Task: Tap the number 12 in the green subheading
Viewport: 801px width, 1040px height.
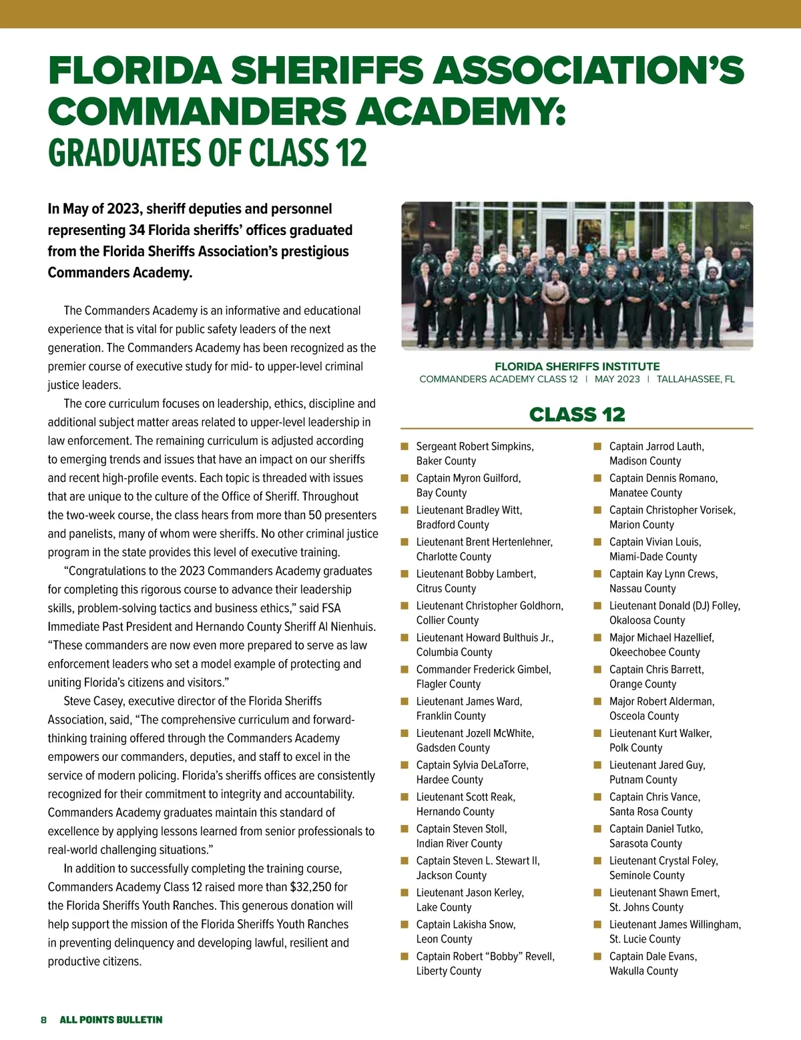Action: pos(351,153)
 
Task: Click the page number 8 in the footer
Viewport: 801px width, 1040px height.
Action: pos(43,1019)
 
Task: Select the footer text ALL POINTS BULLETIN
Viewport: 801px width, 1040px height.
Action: pos(111,1019)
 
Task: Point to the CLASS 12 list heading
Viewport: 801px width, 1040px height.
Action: pos(577,415)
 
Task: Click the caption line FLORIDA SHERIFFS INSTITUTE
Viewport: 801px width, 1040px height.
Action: pos(577,366)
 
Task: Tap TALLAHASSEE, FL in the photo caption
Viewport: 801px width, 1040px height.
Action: pos(696,379)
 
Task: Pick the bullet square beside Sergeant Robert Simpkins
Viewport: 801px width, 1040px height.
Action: pos(405,446)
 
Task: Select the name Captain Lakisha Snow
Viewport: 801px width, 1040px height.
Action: pos(466,925)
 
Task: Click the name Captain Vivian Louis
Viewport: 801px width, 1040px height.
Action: pos(655,542)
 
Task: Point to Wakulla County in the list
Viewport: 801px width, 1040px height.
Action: pos(643,971)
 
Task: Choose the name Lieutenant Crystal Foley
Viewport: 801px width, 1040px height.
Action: pos(663,861)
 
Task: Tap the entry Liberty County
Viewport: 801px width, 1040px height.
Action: pos(449,971)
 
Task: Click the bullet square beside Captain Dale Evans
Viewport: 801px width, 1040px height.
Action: pos(598,956)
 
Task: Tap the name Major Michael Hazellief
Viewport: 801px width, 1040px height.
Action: pos(661,637)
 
